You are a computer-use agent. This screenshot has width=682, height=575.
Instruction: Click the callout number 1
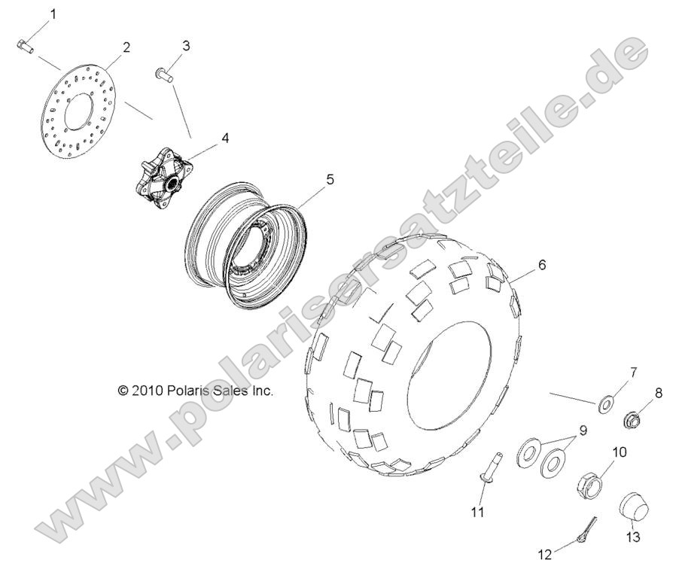(53, 14)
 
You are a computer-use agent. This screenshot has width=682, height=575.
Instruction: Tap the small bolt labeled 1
(25, 46)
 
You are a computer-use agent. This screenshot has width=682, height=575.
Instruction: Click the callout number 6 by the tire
(541, 265)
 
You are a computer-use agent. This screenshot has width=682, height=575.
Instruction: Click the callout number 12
(545, 555)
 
